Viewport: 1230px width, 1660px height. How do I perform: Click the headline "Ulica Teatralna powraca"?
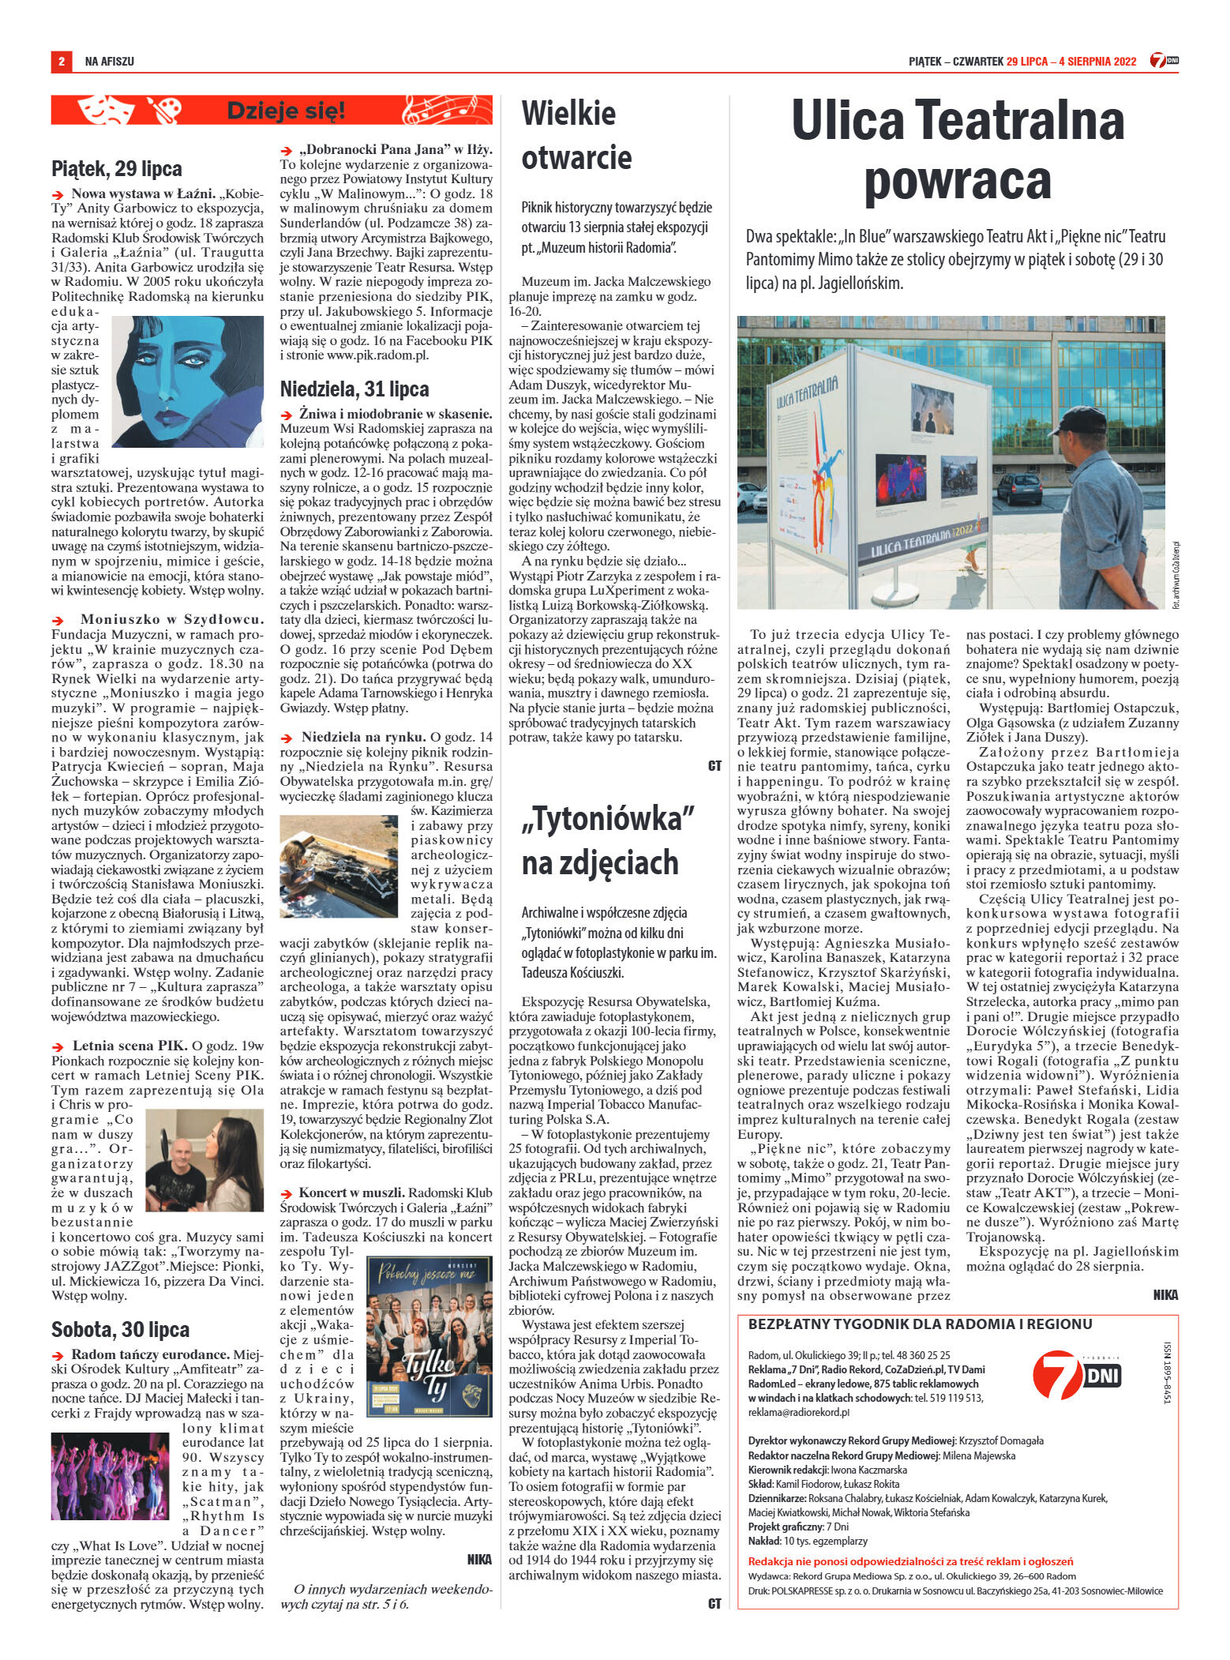[957, 151]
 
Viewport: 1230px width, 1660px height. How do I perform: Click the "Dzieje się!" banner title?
[286, 111]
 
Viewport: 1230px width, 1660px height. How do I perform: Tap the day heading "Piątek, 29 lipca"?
[116, 168]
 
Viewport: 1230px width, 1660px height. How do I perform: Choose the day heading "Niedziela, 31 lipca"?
[354, 389]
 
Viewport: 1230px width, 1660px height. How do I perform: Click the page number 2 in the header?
[61, 61]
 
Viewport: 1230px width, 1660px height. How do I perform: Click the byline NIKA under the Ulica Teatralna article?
[1165, 1294]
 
